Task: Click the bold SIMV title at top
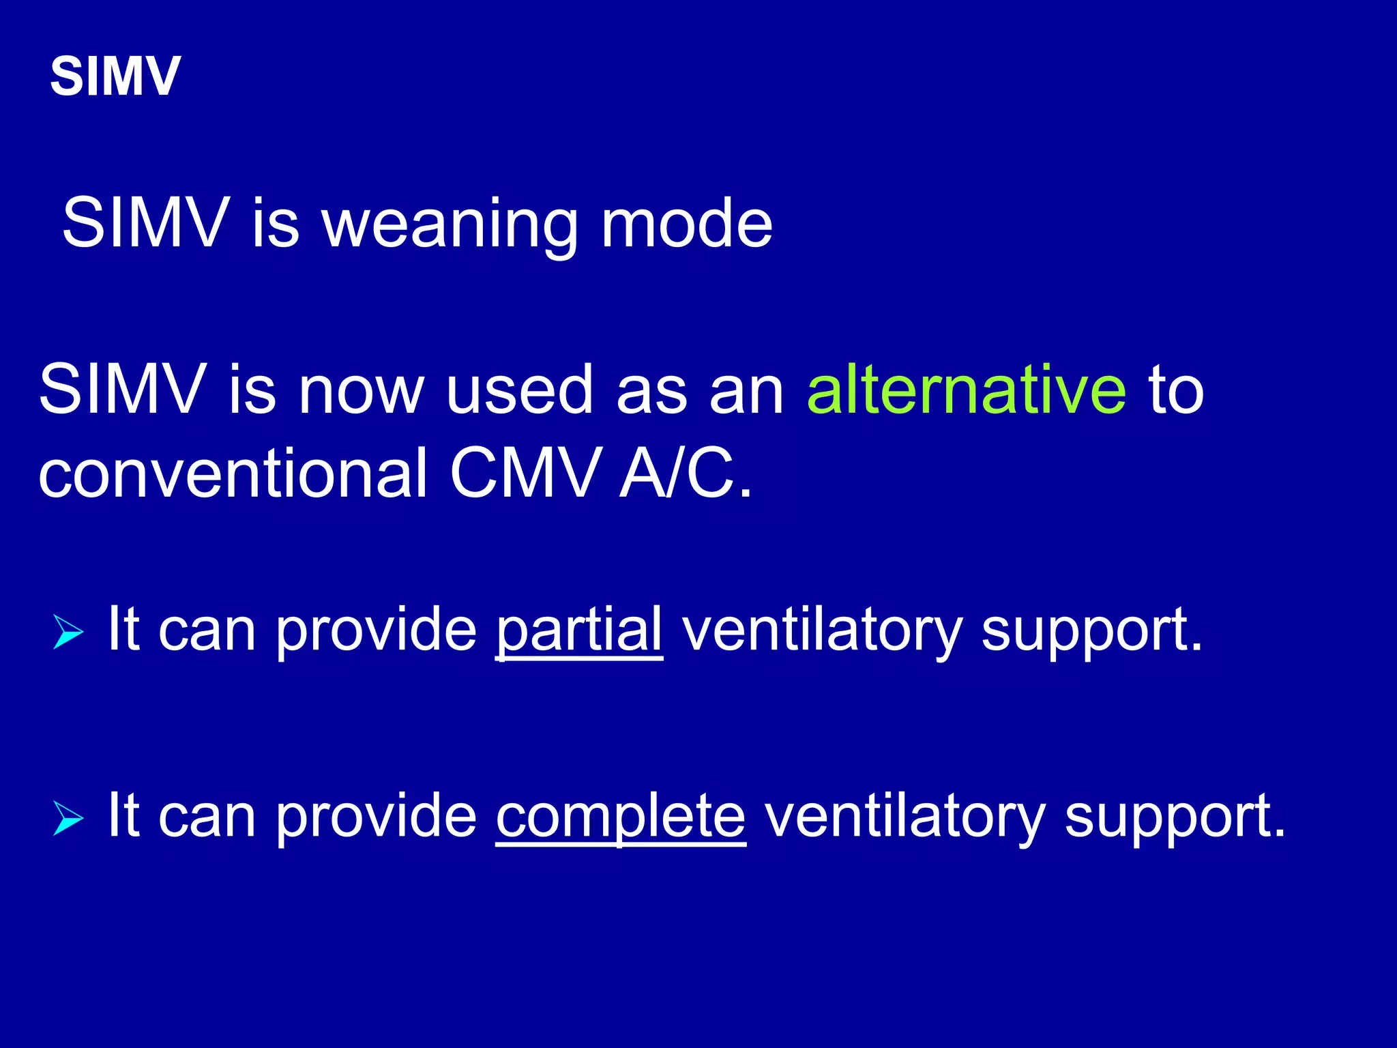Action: tap(115, 76)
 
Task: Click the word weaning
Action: tap(450, 225)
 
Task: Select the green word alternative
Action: tap(966, 390)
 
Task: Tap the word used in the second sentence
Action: tap(519, 390)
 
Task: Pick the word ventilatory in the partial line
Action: tap(821, 630)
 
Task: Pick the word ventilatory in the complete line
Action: tap(904, 817)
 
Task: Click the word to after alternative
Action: tap(1177, 390)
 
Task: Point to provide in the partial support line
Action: tap(376, 630)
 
